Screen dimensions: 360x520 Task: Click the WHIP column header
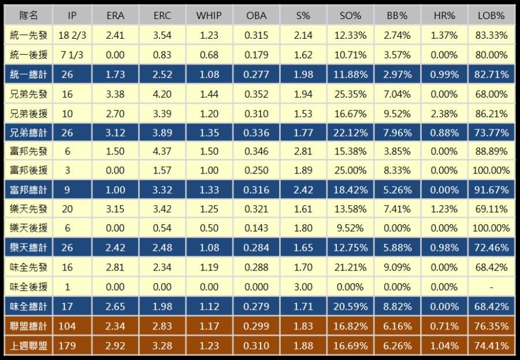209,16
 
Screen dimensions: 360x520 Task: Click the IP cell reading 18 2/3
72,35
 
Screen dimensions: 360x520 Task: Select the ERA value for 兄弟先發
116,94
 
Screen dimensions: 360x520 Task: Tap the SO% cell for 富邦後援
350,171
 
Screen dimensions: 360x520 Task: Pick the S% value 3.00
303,287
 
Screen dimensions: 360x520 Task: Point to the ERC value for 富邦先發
162,151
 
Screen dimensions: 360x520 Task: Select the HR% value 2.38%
444,113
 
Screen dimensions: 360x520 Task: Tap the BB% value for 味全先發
397,268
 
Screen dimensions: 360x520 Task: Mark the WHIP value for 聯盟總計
209,326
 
